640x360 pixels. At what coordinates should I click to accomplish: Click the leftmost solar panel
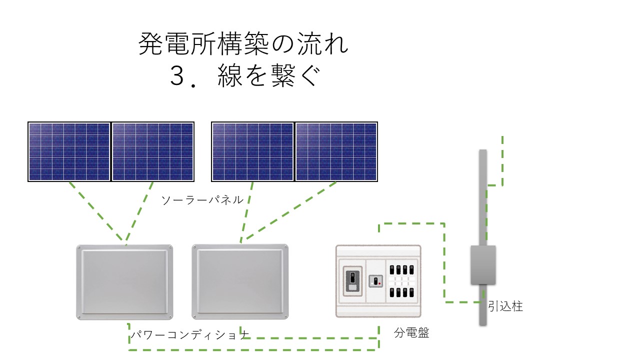(69, 151)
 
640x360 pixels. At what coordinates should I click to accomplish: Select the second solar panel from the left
(152, 151)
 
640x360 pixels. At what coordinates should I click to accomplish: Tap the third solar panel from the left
(252, 151)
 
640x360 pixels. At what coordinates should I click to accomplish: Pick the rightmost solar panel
(336, 151)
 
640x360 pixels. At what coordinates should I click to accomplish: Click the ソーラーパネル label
(202, 199)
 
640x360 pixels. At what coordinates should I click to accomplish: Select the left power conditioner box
(124, 282)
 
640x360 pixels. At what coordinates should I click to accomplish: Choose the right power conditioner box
(240, 281)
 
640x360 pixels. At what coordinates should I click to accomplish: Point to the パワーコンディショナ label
(189, 334)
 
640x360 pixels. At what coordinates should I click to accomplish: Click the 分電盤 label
(411, 333)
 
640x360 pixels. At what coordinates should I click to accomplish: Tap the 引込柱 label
(505, 306)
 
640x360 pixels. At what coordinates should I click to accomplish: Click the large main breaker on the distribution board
(353, 281)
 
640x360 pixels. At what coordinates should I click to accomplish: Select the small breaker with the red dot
(375, 281)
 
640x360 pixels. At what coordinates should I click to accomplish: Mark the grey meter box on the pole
(483, 265)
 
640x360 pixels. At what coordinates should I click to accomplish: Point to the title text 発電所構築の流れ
(243, 43)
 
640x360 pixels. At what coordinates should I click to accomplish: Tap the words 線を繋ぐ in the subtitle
(268, 75)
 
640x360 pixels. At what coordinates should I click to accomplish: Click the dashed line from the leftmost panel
(96, 211)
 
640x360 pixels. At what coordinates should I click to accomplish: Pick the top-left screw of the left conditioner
(79, 247)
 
